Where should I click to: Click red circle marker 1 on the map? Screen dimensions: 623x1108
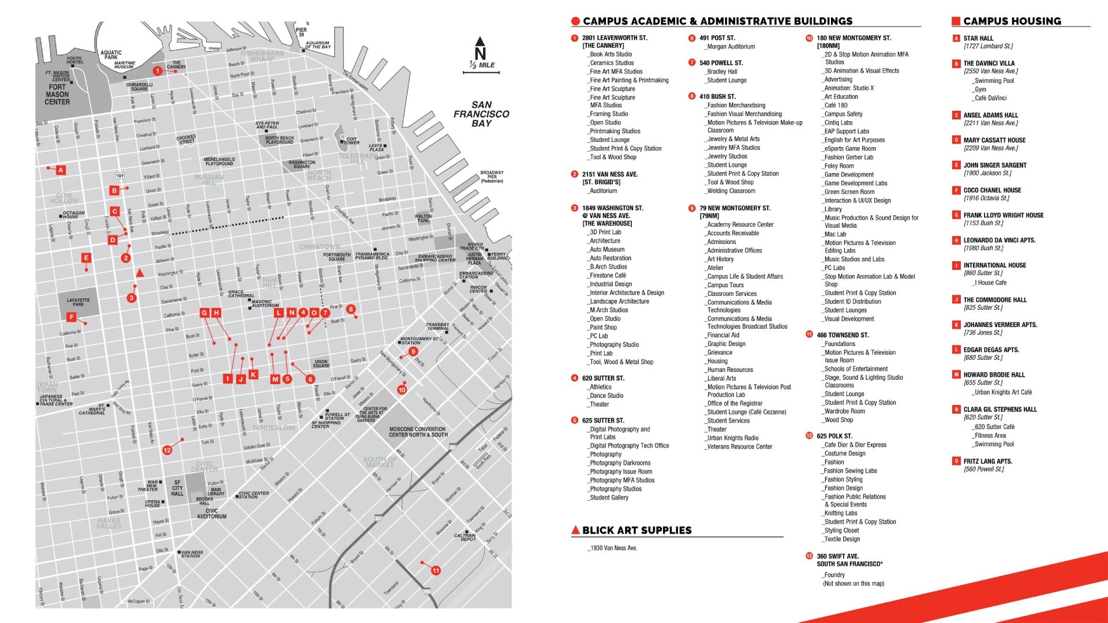[157, 71]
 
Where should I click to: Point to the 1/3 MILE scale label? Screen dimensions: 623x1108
[482, 65]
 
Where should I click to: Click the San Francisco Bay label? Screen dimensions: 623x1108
[481, 114]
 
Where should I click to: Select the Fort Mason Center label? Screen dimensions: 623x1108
[57, 95]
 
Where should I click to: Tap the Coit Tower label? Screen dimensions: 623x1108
[352, 141]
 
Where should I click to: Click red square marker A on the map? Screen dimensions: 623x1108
[61, 170]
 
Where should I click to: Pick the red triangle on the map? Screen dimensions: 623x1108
[140, 273]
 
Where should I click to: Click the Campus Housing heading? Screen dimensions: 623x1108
[1012, 21]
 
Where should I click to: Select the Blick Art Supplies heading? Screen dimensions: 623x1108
[637, 530]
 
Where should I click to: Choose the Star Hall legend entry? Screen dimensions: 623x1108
[978, 38]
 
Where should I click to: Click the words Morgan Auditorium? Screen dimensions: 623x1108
[731, 47]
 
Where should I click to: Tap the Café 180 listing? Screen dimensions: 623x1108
[836, 106]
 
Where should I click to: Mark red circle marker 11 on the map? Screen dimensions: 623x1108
[436, 571]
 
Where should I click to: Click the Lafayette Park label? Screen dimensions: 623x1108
[78, 302]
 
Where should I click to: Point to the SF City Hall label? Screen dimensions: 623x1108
[177, 488]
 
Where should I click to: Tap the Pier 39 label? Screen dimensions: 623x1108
[301, 32]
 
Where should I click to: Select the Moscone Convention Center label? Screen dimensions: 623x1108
[418, 432]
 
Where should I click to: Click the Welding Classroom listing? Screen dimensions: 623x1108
[731, 191]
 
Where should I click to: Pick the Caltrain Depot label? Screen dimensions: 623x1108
[465, 537]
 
